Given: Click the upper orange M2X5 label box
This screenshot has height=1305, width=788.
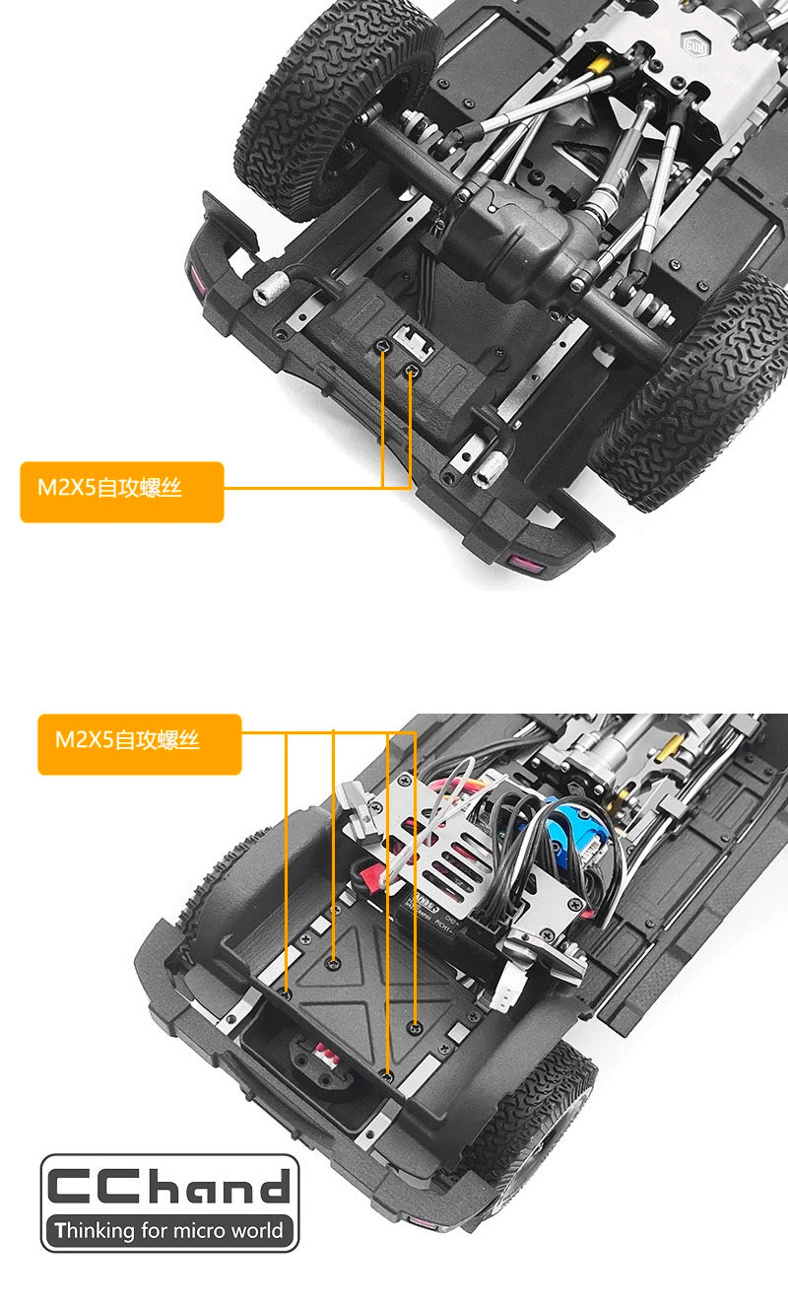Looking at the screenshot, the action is (122, 492).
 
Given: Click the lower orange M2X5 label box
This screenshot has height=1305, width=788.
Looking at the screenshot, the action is (140, 744).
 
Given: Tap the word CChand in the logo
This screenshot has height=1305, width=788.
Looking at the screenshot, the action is (168, 1185).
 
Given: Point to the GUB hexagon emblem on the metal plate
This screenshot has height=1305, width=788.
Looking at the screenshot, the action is (694, 44).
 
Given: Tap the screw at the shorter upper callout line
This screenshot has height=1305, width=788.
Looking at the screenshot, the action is (411, 370).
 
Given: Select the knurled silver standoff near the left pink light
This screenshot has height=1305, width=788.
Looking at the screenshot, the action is (269, 288).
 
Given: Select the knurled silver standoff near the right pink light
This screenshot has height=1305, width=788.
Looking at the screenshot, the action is (490, 469).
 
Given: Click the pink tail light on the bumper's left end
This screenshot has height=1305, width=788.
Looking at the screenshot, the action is (196, 281).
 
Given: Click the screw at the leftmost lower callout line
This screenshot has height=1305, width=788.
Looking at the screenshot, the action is (286, 994).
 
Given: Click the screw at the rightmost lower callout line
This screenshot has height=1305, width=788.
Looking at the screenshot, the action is (415, 1029).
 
